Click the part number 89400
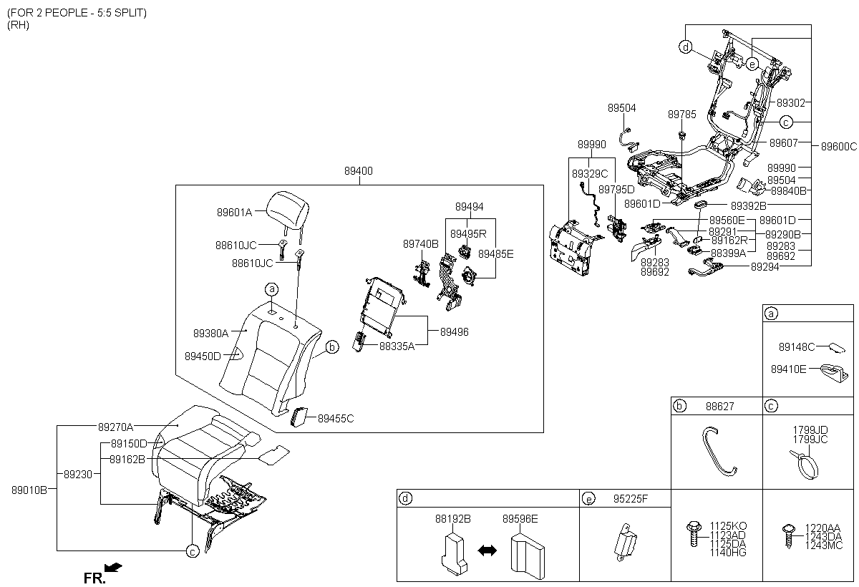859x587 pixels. (x=358, y=172)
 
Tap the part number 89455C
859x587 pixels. (x=336, y=418)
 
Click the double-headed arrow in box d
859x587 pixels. (x=487, y=550)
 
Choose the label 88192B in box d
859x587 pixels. (x=452, y=518)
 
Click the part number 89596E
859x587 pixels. (x=520, y=518)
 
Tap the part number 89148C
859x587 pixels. (x=797, y=347)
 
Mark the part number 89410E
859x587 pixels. (x=797, y=369)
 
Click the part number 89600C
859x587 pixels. (x=838, y=147)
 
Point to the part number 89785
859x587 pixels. (x=681, y=114)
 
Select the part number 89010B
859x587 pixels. (x=29, y=490)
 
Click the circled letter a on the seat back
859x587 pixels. (x=272, y=289)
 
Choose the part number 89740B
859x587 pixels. (x=420, y=243)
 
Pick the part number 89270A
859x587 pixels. (x=115, y=427)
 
